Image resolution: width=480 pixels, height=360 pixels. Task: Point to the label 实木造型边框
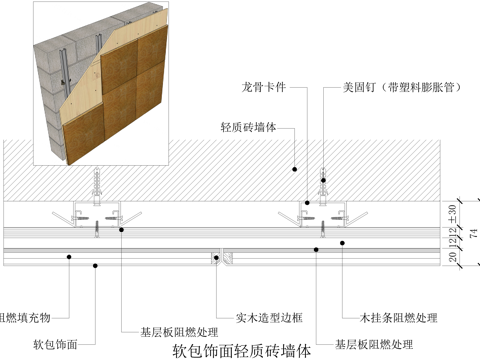coord(262,317)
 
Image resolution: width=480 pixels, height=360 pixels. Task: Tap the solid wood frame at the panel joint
coord(217,257)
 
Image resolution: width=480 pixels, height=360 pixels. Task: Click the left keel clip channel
coord(97,213)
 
